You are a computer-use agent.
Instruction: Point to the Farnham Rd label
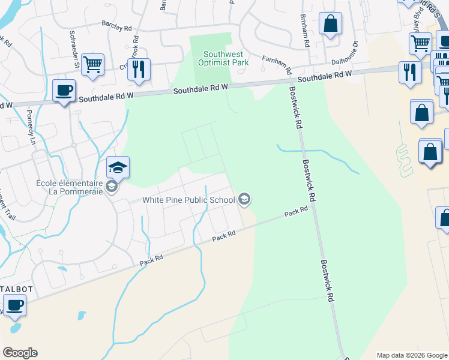click(277, 64)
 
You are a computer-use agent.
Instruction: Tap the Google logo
click(20, 353)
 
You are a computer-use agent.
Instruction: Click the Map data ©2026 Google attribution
click(412, 355)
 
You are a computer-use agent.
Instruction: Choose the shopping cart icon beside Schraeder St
click(92, 65)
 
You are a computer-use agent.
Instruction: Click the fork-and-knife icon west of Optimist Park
click(139, 68)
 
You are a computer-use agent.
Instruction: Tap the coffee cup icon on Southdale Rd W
click(64, 91)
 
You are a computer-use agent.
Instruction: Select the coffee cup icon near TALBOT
click(15, 304)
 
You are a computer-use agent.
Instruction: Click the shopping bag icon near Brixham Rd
click(330, 24)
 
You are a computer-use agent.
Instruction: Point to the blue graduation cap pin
click(118, 167)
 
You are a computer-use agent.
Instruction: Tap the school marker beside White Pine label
click(244, 199)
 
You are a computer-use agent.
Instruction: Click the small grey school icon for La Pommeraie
click(111, 187)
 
